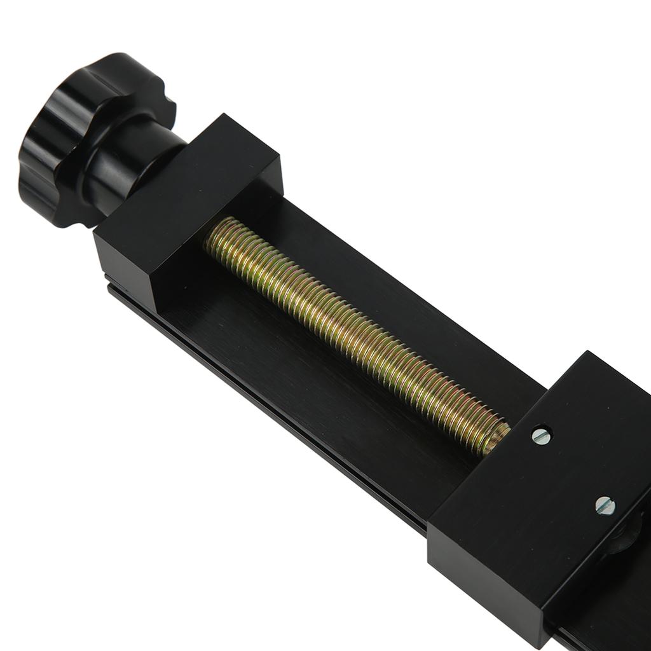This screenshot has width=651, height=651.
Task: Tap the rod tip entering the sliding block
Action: [x=496, y=439]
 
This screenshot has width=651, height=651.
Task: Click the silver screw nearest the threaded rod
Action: [x=541, y=435]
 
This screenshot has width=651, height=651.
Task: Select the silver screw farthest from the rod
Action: [x=605, y=505]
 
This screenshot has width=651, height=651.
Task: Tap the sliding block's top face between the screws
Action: [x=572, y=470]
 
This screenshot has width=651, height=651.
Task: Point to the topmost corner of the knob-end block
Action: [x=224, y=115]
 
